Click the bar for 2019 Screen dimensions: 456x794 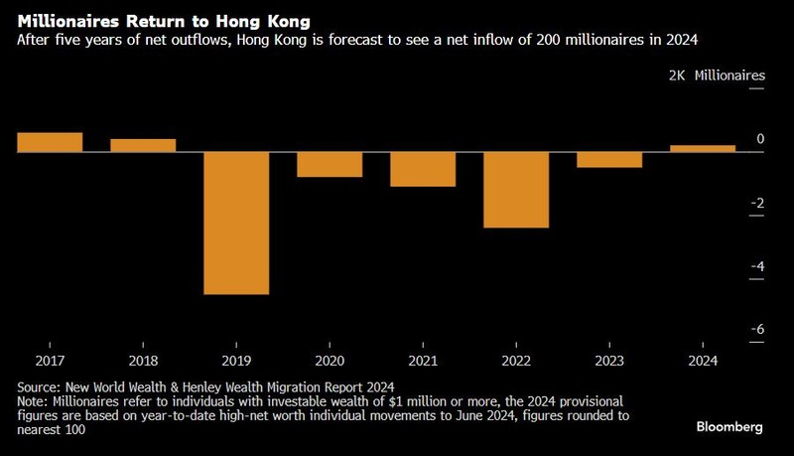click(236, 224)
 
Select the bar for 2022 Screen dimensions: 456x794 click(516, 190)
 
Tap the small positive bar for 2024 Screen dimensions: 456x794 click(703, 149)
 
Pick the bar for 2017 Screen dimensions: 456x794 click(50, 142)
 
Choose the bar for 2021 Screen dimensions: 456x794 click(423, 169)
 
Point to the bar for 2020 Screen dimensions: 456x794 click(330, 164)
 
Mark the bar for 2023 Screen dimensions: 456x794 click(609, 160)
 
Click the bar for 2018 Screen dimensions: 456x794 click(143, 145)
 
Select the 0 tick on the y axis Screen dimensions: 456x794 click(760, 139)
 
